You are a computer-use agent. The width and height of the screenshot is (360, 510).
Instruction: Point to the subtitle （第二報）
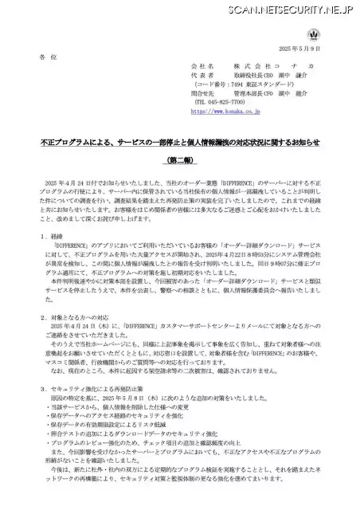click(x=179, y=160)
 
